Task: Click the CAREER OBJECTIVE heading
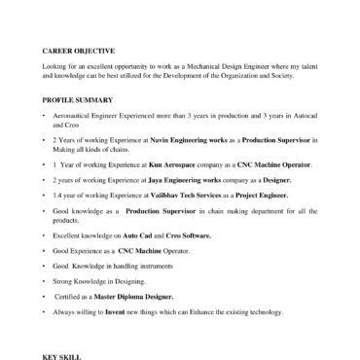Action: pyautogui.click(x=79, y=50)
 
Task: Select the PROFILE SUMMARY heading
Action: pyautogui.click(x=78, y=100)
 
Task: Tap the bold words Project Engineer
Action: pyautogui.click(x=258, y=196)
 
